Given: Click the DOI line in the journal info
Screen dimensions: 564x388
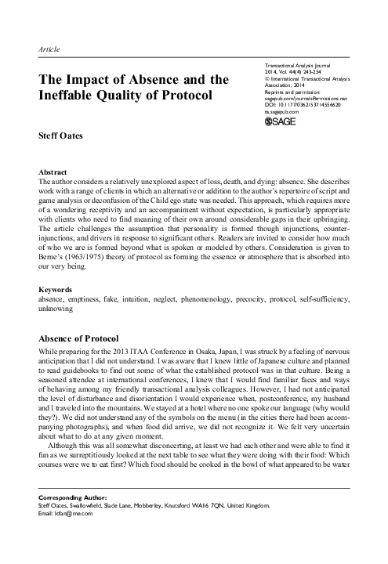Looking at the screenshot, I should pyautogui.click(x=305, y=106).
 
